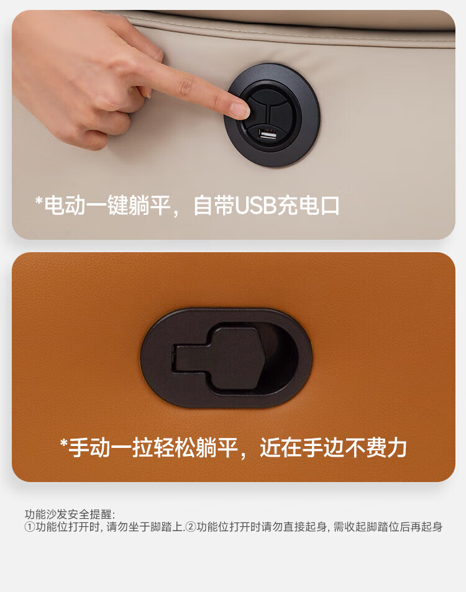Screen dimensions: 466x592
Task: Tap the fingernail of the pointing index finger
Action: pos(239,110)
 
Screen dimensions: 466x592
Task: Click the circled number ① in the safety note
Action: pos(30,527)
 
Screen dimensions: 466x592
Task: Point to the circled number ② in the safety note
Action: pos(191,527)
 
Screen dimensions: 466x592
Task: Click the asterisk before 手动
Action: pos(63,442)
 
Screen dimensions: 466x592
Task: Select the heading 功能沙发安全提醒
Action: pos(68,514)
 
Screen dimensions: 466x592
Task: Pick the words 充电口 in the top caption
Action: pos(309,206)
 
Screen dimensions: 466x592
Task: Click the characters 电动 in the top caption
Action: pos(65,206)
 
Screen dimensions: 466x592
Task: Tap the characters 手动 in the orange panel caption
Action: pos(89,448)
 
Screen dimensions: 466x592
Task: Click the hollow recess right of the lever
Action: pos(281,357)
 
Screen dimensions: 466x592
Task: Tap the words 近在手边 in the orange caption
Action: pos(301,448)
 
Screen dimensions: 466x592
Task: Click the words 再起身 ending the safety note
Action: pos(426,527)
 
